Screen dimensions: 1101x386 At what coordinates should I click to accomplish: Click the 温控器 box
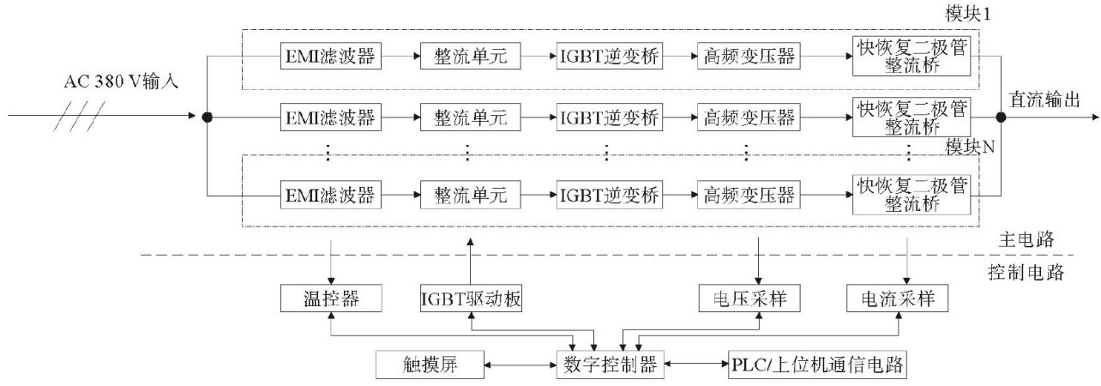tap(331, 298)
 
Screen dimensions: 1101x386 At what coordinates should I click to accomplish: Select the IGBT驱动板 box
tap(471, 298)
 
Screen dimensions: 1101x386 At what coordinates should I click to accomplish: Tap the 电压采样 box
tap(749, 298)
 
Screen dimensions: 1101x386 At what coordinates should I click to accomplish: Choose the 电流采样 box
tap(897, 298)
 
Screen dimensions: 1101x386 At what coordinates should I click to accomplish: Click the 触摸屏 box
tap(430, 365)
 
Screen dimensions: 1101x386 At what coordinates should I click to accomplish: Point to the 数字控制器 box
tap(610, 365)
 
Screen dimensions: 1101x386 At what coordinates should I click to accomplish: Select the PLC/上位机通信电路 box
tap(817, 365)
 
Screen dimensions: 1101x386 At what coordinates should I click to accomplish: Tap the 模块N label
tap(970, 146)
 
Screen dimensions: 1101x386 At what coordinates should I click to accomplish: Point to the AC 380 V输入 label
tap(121, 81)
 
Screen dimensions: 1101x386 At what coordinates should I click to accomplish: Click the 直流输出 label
tap(1044, 100)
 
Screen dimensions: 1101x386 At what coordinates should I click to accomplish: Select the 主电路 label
tap(1026, 239)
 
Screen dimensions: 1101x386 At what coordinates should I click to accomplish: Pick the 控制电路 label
tap(1026, 272)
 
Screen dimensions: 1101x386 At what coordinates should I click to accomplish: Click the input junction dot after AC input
tap(208, 117)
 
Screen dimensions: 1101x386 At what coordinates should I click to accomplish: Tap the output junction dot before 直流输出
tap(1001, 117)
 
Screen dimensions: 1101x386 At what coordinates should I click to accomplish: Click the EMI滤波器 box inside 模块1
tap(331, 56)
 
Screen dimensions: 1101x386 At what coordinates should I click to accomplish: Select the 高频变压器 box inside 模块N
tap(749, 195)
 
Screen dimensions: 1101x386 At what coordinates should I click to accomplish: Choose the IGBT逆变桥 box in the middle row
tap(610, 117)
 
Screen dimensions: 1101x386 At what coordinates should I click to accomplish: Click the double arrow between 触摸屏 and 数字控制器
tap(520, 365)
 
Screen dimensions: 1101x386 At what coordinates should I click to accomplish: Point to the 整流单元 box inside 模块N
tap(471, 195)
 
